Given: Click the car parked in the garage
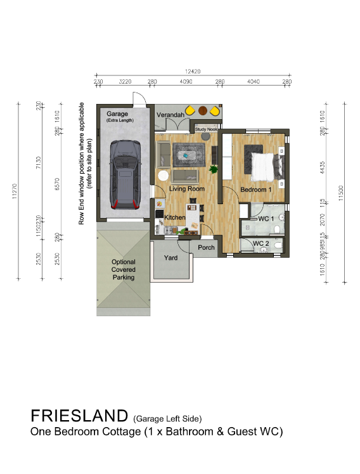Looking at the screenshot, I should coord(124,174).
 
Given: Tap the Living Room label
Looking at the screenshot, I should coord(186,189).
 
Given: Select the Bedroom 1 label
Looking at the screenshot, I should coord(255,189).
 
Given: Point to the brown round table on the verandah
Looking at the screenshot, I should coord(203,110).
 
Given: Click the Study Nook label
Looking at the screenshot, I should coord(206,129).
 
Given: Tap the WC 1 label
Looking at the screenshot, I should coord(266,219).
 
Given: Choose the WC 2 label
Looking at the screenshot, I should coord(262,243).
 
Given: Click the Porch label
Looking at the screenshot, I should coord(207,247).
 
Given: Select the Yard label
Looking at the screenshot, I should coord(170,258).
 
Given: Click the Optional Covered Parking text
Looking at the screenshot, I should coord(124,269).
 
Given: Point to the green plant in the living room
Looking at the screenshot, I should coord(214,169).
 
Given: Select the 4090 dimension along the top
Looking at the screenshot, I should coord(186,82).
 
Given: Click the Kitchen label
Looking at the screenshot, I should coord(175,217).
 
